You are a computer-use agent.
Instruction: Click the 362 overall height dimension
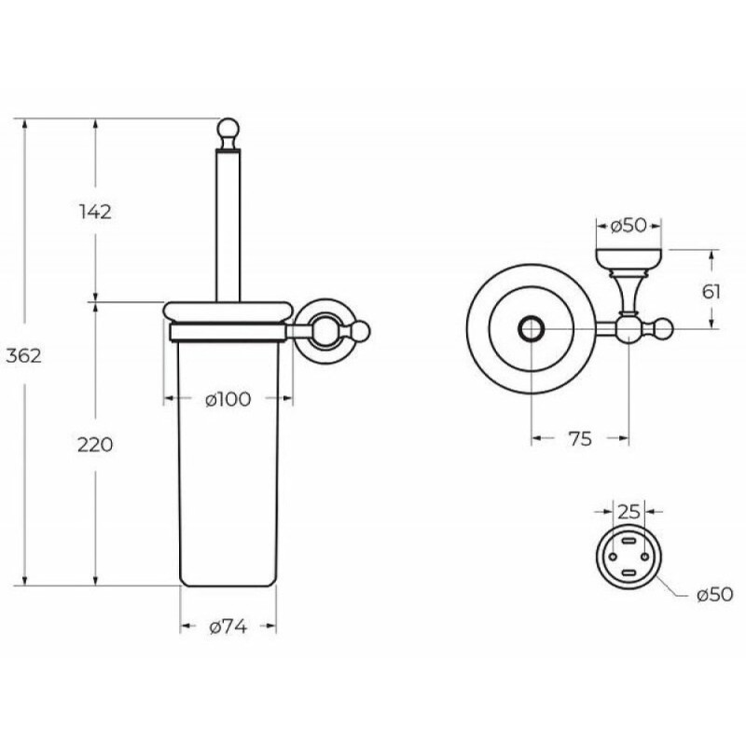pyautogui.click(x=24, y=355)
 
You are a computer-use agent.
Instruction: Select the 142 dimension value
pyautogui.click(x=95, y=212)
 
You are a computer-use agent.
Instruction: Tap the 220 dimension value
pyautogui.click(x=95, y=445)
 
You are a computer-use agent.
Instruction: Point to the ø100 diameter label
pyautogui.click(x=228, y=399)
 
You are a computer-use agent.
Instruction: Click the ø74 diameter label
pyautogui.click(x=228, y=628)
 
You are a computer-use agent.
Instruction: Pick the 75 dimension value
pyautogui.click(x=580, y=438)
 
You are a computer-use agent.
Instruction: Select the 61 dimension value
pyautogui.click(x=711, y=291)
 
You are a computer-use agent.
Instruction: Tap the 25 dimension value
pyautogui.click(x=629, y=512)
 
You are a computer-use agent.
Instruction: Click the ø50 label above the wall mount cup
pyautogui.click(x=629, y=226)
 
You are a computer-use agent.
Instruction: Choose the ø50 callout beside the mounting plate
pyautogui.click(x=714, y=595)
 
